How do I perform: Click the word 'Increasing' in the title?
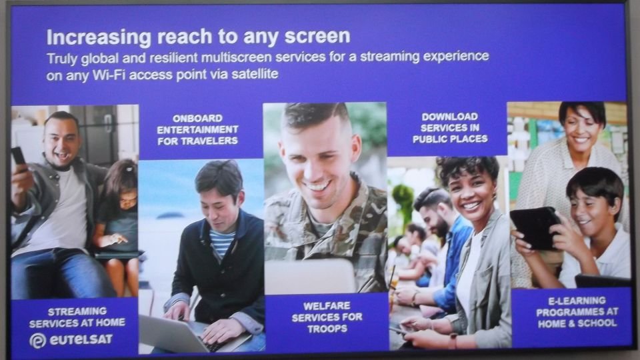(99, 37)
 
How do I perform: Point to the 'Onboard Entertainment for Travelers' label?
(197, 129)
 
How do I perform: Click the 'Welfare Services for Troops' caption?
(327, 317)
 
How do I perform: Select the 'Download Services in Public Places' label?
(450, 128)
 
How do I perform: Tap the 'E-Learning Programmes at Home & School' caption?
(577, 312)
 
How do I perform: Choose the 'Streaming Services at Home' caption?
(77, 317)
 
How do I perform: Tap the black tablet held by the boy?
(535, 227)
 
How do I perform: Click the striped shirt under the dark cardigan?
(222, 243)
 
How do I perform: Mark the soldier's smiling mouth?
(317, 187)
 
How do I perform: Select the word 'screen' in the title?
(317, 36)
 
